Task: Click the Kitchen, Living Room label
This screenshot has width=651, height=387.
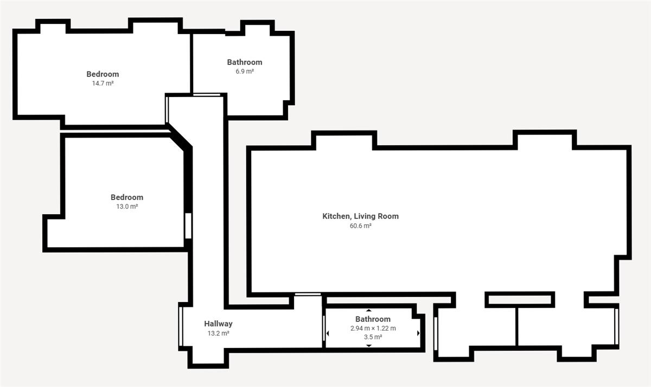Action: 360,216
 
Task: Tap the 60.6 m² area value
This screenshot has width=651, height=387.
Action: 360,226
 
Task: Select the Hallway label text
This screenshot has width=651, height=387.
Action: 218,324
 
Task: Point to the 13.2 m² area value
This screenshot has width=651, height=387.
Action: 218,333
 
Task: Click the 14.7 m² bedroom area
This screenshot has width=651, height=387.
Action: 103,83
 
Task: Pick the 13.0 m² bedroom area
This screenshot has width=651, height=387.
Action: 127,207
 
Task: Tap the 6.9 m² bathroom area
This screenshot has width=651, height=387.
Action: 245,72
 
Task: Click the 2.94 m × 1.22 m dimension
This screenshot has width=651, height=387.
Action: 373,328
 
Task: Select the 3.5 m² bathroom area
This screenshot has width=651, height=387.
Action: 373,337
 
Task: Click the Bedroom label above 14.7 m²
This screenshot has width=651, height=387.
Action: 103,74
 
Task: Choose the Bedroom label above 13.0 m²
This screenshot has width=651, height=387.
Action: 127,197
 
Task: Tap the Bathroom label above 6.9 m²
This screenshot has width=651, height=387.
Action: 245,62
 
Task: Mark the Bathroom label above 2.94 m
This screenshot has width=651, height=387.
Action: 373,319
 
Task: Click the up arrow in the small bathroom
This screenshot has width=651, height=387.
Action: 369,311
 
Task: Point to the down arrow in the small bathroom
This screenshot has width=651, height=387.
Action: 369,345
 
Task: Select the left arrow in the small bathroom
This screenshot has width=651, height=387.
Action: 328,333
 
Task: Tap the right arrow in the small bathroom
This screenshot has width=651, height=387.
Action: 418,333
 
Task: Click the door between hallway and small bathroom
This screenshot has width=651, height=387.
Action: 324,328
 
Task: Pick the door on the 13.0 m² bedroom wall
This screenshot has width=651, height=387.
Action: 188,226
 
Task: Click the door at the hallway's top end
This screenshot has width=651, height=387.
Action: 207,95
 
